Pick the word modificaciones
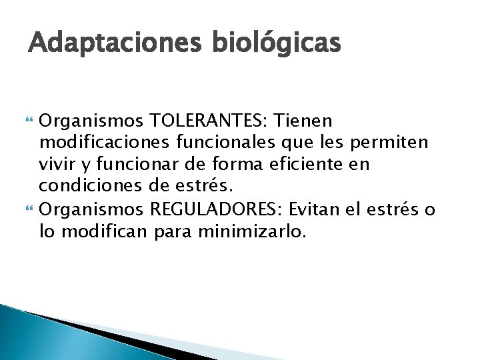click(95, 143)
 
